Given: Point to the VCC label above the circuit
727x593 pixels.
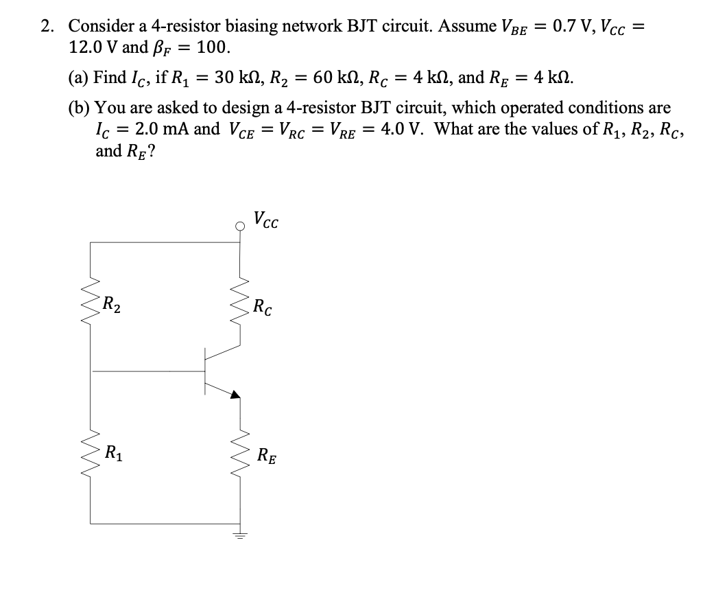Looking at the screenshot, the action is (265, 220).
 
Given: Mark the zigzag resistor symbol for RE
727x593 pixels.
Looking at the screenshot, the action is (240, 453).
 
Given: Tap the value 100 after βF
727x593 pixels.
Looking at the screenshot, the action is (213, 47).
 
